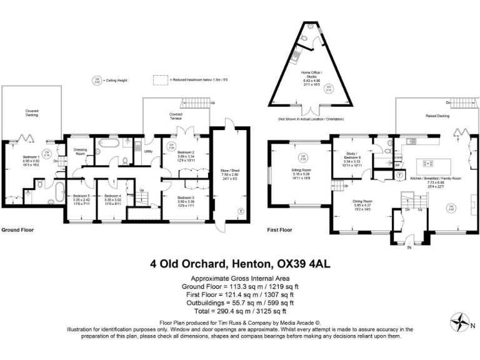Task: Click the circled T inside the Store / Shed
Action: pyautogui.click(x=241, y=212)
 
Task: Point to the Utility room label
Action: pyautogui.click(x=149, y=151)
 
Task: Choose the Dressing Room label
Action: pyautogui.click(x=79, y=152)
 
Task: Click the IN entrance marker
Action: pyautogui.click(x=410, y=248)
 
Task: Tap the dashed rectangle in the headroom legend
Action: pyautogui.click(x=162, y=80)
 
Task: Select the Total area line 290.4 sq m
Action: pyautogui.click(x=240, y=311)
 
